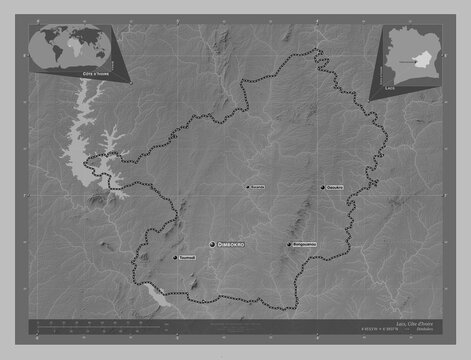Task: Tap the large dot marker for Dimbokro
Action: tap(212, 244)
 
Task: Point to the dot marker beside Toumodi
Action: tap(176, 258)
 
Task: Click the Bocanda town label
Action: tap(257, 187)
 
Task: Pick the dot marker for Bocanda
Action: tap(247, 187)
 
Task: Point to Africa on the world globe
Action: tap(75, 44)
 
